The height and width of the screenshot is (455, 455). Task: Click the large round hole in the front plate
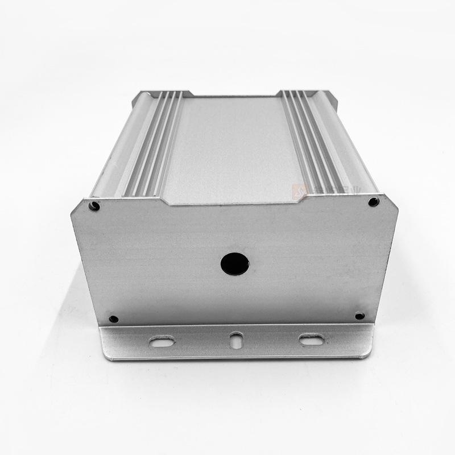point(235,263)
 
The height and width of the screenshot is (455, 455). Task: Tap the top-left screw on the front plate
point(94,206)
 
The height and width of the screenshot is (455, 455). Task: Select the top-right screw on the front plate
point(373,202)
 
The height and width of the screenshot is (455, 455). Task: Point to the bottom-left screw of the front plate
point(113,319)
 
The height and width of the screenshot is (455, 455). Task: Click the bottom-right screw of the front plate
point(359,316)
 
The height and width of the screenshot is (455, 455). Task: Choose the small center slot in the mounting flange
point(236,341)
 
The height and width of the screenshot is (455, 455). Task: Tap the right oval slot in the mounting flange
point(311,340)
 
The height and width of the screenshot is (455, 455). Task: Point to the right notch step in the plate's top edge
point(300,198)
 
